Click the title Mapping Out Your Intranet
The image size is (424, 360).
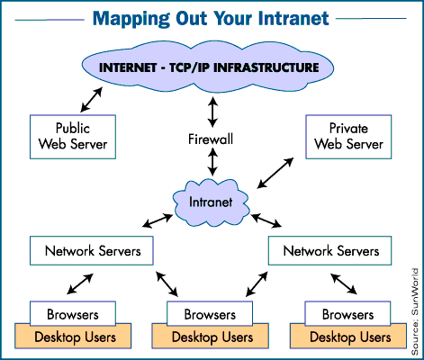tap(212, 18)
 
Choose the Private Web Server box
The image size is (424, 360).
tap(346, 135)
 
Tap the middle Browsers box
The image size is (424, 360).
tap(211, 316)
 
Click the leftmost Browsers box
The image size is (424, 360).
tap(76, 315)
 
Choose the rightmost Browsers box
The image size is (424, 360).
tap(346, 315)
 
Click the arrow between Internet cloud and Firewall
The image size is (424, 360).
tap(212, 111)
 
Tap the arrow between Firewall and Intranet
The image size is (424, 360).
tap(212, 162)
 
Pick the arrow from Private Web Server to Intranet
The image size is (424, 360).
tap(275, 174)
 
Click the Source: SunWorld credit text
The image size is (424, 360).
tap(415, 305)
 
